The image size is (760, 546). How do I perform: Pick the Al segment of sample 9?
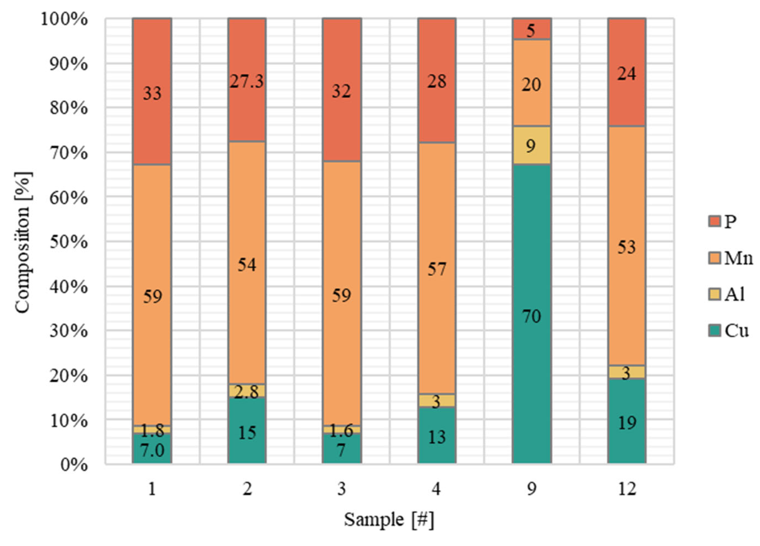532,145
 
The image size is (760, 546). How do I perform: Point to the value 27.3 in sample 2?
247,81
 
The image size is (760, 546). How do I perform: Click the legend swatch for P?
714,221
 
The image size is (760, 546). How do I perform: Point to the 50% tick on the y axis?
69,241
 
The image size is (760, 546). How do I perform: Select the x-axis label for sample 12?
627,489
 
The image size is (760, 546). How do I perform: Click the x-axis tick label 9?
532,489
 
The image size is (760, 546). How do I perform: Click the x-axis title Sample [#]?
389,520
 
